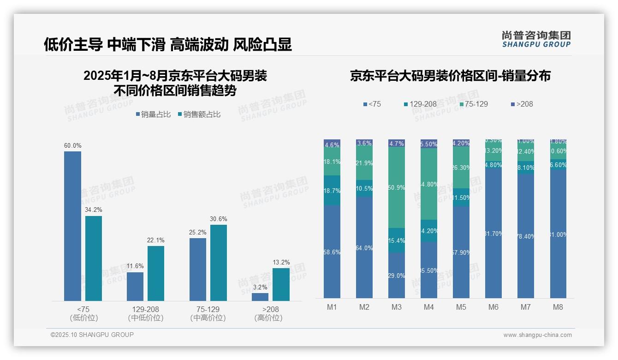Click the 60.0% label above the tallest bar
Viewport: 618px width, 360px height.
point(72,146)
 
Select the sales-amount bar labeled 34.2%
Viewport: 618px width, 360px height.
point(94,258)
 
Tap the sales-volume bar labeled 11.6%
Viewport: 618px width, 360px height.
point(135,287)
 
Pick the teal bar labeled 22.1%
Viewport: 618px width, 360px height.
point(156,273)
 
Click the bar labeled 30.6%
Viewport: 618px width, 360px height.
point(219,263)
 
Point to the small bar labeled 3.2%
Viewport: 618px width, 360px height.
point(260,297)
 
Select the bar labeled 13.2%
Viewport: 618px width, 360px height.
point(281,284)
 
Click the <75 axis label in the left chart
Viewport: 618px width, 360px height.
point(83,309)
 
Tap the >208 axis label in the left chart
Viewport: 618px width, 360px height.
point(268,309)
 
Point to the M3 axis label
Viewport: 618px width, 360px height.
point(397,307)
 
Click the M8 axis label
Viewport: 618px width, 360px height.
point(558,307)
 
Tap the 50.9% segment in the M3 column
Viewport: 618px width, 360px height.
point(397,187)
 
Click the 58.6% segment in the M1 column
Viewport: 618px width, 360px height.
point(332,252)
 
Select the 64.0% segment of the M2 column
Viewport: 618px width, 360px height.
point(364,247)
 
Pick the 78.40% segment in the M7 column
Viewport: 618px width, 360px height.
point(526,236)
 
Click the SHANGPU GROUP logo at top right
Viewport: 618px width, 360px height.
point(536,39)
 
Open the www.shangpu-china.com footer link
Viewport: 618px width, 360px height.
point(537,335)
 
